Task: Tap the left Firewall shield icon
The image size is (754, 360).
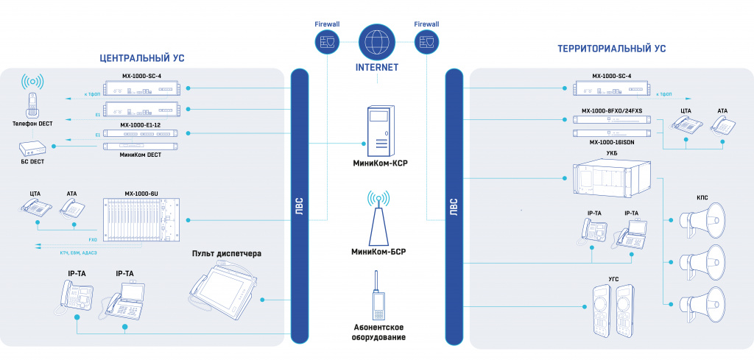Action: coord(326,43)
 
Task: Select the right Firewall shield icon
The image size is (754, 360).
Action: coord(426,43)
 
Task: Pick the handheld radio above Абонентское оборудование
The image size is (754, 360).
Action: coord(377,294)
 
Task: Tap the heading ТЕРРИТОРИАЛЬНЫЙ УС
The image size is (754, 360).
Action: coord(612,49)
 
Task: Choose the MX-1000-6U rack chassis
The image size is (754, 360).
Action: coord(140,219)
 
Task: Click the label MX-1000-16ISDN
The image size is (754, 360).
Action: coord(612,142)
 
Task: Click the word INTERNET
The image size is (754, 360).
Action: coord(376,67)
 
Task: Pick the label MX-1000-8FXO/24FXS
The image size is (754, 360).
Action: coord(612,110)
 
